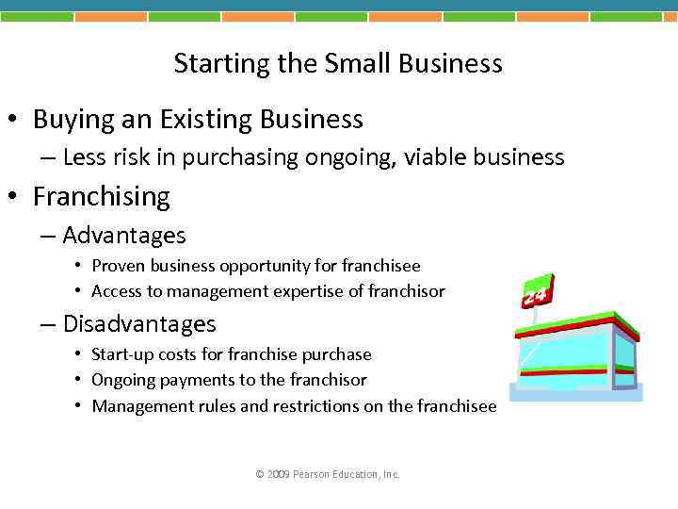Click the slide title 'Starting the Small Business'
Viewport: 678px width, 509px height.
pos(338,63)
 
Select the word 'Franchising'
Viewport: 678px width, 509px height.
pos(101,196)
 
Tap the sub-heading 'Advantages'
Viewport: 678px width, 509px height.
pos(123,235)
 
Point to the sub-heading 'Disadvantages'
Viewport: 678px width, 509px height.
pos(138,324)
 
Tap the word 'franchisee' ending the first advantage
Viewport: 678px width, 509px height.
pos(381,266)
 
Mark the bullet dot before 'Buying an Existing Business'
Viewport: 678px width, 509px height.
pos(14,121)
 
